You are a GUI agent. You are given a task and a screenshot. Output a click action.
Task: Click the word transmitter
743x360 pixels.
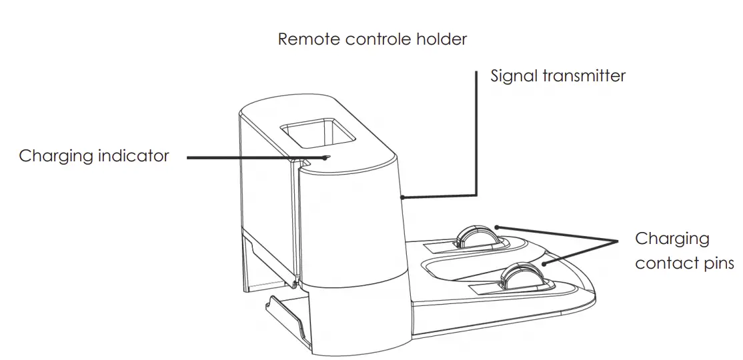584,75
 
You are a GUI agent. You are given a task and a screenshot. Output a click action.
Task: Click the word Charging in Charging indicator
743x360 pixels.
56,157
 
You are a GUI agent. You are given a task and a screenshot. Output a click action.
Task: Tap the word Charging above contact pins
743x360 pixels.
672,239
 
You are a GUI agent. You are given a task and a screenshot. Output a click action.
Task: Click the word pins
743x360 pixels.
719,264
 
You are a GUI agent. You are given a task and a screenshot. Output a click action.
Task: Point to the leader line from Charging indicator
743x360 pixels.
253,158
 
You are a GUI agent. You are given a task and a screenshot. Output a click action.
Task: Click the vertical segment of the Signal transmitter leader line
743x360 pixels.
477,133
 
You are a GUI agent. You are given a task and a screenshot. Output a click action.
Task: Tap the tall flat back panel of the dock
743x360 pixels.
267,200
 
